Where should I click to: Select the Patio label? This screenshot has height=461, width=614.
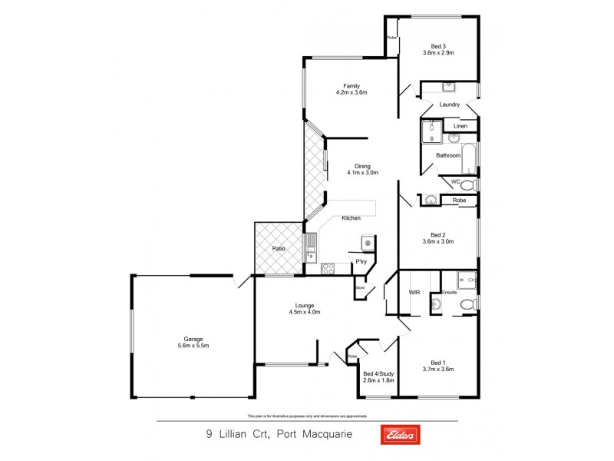tap(279, 248)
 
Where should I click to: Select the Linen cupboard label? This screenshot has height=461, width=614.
tap(460, 126)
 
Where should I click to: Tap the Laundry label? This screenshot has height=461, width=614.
tap(450, 104)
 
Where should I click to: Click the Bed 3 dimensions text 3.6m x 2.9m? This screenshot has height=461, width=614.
tap(438, 53)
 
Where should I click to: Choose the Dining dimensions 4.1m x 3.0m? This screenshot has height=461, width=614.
tap(362, 173)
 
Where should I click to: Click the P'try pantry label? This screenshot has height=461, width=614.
tap(361, 263)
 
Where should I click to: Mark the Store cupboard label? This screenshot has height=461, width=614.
tap(360, 288)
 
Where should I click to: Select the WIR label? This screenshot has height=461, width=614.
tap(415, 293)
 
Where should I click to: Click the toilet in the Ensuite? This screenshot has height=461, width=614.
tap(465, 306)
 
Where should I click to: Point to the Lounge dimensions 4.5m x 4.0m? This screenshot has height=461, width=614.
tap(304, 312)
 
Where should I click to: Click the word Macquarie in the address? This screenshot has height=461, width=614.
tap(328, 434)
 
